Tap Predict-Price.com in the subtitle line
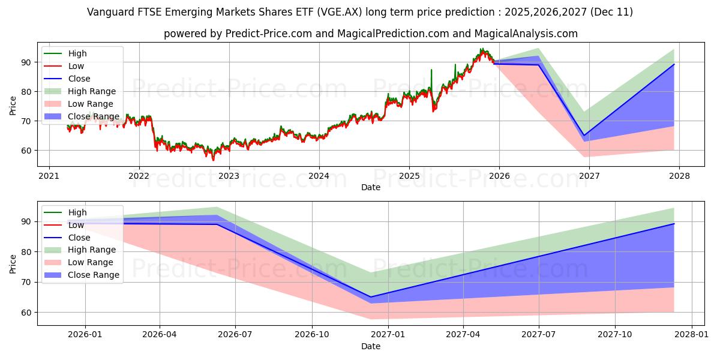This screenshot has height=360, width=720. tap(268, 34)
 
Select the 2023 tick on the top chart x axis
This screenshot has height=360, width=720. tap(229, 176)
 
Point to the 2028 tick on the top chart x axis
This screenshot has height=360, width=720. tap(680, 176)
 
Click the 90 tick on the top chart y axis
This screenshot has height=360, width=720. tap(26, 62)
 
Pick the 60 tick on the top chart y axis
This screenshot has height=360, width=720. tap(26, 151)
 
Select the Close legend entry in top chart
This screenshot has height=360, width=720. tap(79, 79)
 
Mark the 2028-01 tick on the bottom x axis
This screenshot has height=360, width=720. tap(692, 335)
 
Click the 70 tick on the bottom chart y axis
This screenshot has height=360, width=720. tap(26, 282)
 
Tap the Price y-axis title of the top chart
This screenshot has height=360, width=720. tap(13, 105)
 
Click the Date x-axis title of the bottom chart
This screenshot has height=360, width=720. tap(370, 346)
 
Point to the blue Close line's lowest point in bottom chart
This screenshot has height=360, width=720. tap(370, 297)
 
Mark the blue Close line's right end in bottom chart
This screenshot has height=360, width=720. tap(674, 224)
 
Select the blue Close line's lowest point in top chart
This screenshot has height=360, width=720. tap(583, 135)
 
